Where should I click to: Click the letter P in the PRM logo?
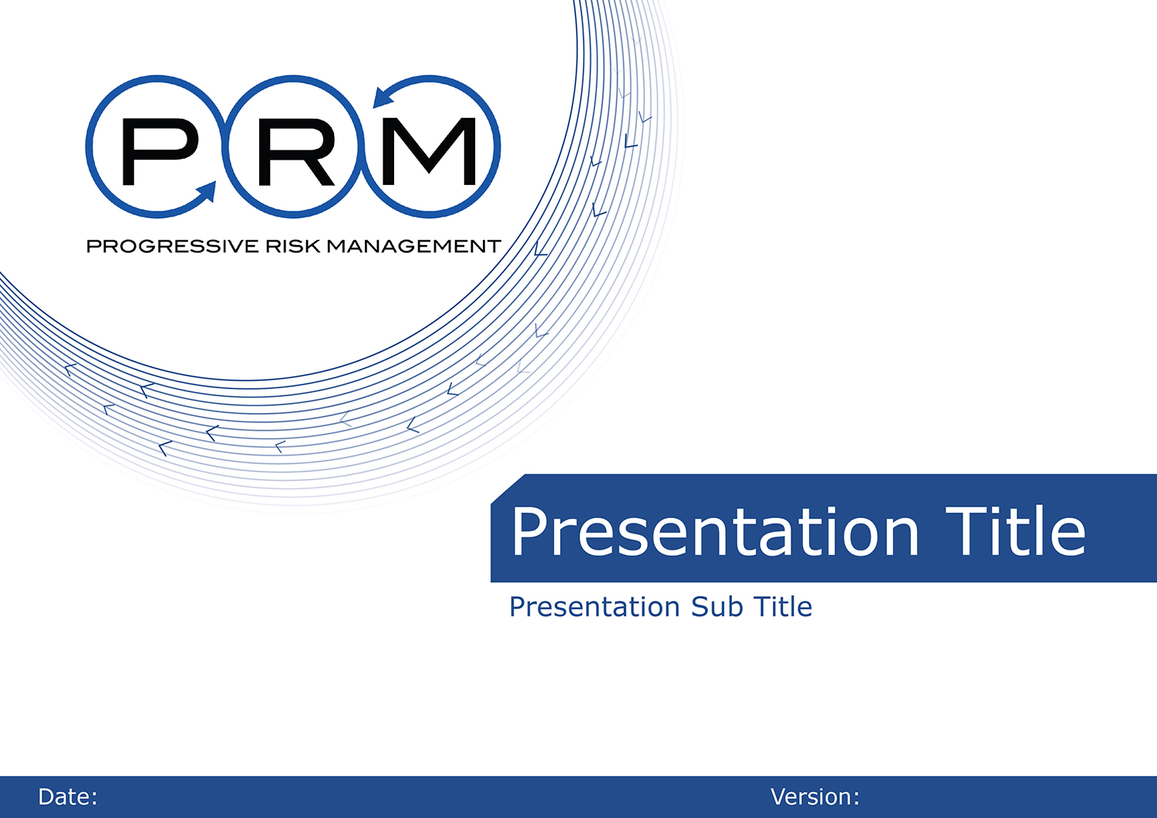(160, 151)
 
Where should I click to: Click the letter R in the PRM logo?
(296, 152)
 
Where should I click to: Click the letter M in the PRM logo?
(428, 151)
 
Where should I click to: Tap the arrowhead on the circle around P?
(207, 191)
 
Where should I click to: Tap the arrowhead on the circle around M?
(383, 98)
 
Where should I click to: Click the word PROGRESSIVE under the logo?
(173, 246)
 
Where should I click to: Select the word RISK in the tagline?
(293, 246)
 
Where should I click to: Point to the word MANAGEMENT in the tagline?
(414, 246)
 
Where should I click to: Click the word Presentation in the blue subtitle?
(595, 608)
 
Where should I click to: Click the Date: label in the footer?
(68, 797)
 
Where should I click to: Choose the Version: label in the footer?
(815, 797)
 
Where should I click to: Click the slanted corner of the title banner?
(508, 488)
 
